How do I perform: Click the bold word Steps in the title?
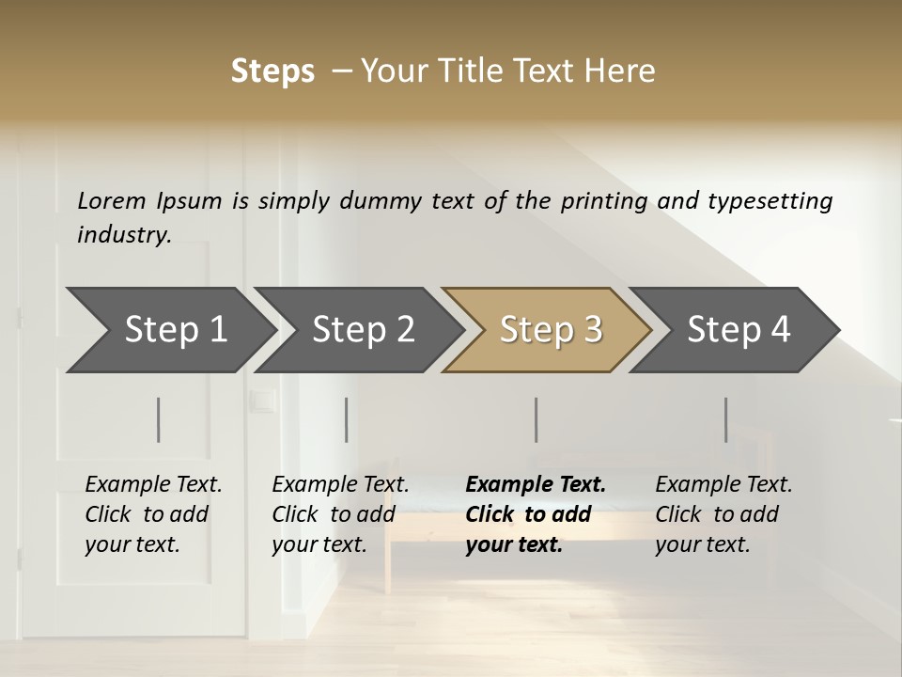pyautogui.click(x=272, y=71)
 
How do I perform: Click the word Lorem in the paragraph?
pyautogui.click(x=112, y=200)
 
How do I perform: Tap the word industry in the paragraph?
pyautogui.click(x=124, y=235)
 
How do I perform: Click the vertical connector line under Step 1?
pyautogui.click(x=159, y=419)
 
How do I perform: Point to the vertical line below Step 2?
pyautogui.click(x=347, y=419)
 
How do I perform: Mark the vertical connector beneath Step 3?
pyautogui.click(x=536, y=419)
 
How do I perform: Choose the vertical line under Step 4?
pyautogui.click(x=725, y=419)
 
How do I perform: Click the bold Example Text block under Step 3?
pyautogui.click(x=536, y=514)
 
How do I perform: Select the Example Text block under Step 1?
pyautogui.click(x=153, y=514)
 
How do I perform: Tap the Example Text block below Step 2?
pyautogui.click(x=340, y=514)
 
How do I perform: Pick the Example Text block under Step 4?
pyautogui.click(x=723, y=514)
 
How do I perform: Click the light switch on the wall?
pyautogui.click(x=262, y=401)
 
